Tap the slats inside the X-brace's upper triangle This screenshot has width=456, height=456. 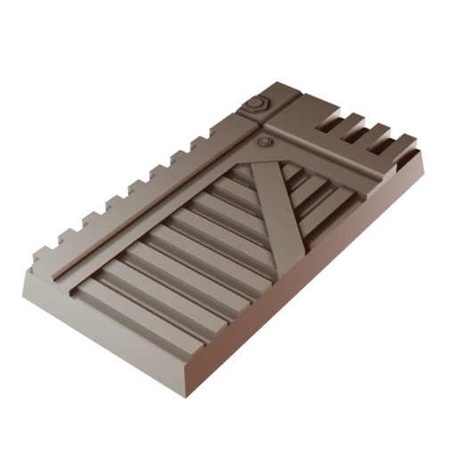(294, 183)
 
